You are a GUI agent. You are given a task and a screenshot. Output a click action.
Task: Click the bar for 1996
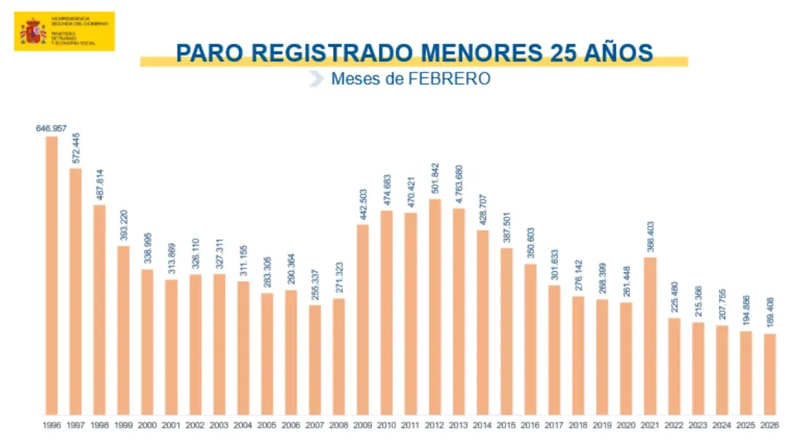[52, 275]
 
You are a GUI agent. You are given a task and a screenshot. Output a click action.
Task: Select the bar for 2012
[435, 306]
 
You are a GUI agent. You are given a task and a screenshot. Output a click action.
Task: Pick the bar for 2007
[315, 359]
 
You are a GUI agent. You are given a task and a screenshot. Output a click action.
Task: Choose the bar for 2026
[770, 374]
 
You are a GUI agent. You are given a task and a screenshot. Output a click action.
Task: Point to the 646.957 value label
[51, 129]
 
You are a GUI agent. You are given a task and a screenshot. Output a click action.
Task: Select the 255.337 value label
[315, 285]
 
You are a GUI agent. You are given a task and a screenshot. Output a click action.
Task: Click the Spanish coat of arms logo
[33, 31]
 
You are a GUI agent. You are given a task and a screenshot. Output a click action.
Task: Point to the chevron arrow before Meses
[316, 79]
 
